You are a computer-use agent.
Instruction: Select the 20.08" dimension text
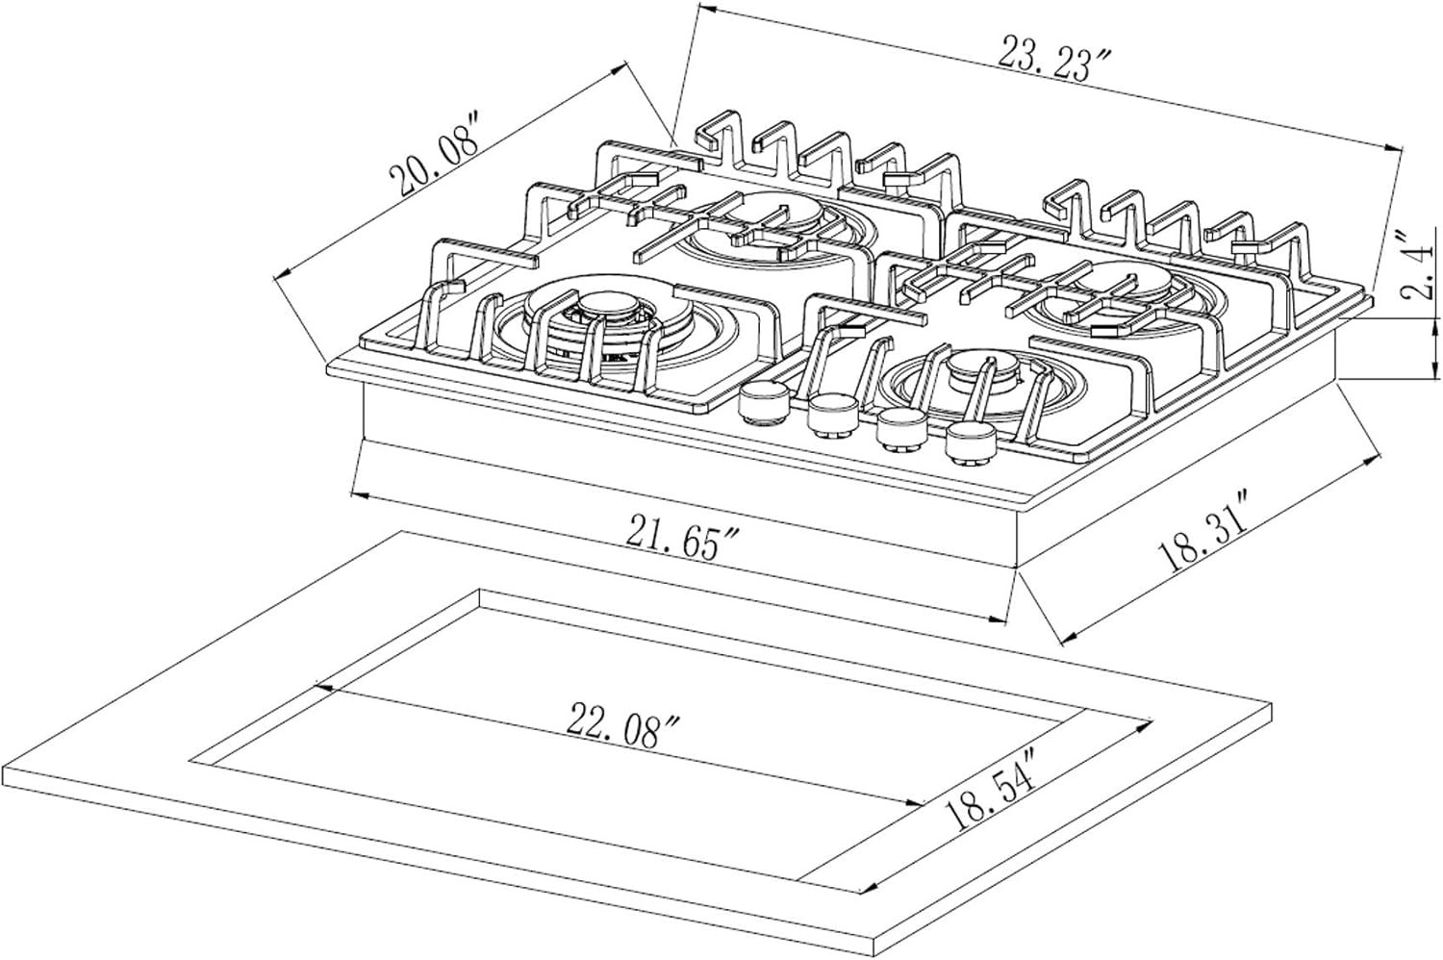point(433,152)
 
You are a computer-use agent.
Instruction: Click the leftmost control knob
point(762,402)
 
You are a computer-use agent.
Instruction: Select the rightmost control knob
point(968,442)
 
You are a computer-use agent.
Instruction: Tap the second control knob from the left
point(832,415)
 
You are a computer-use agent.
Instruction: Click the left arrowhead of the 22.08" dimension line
point(323,687)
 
